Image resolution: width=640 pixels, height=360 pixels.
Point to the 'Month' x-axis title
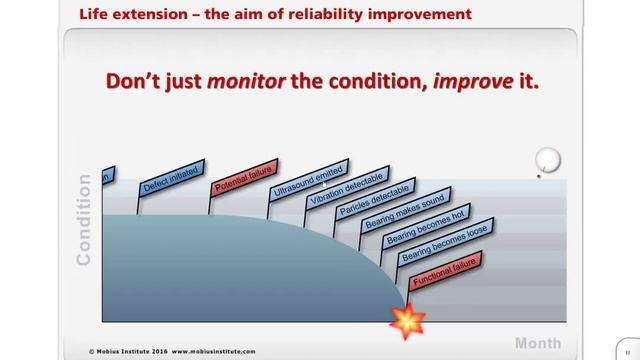538,343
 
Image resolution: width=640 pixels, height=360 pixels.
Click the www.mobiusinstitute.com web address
212,352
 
